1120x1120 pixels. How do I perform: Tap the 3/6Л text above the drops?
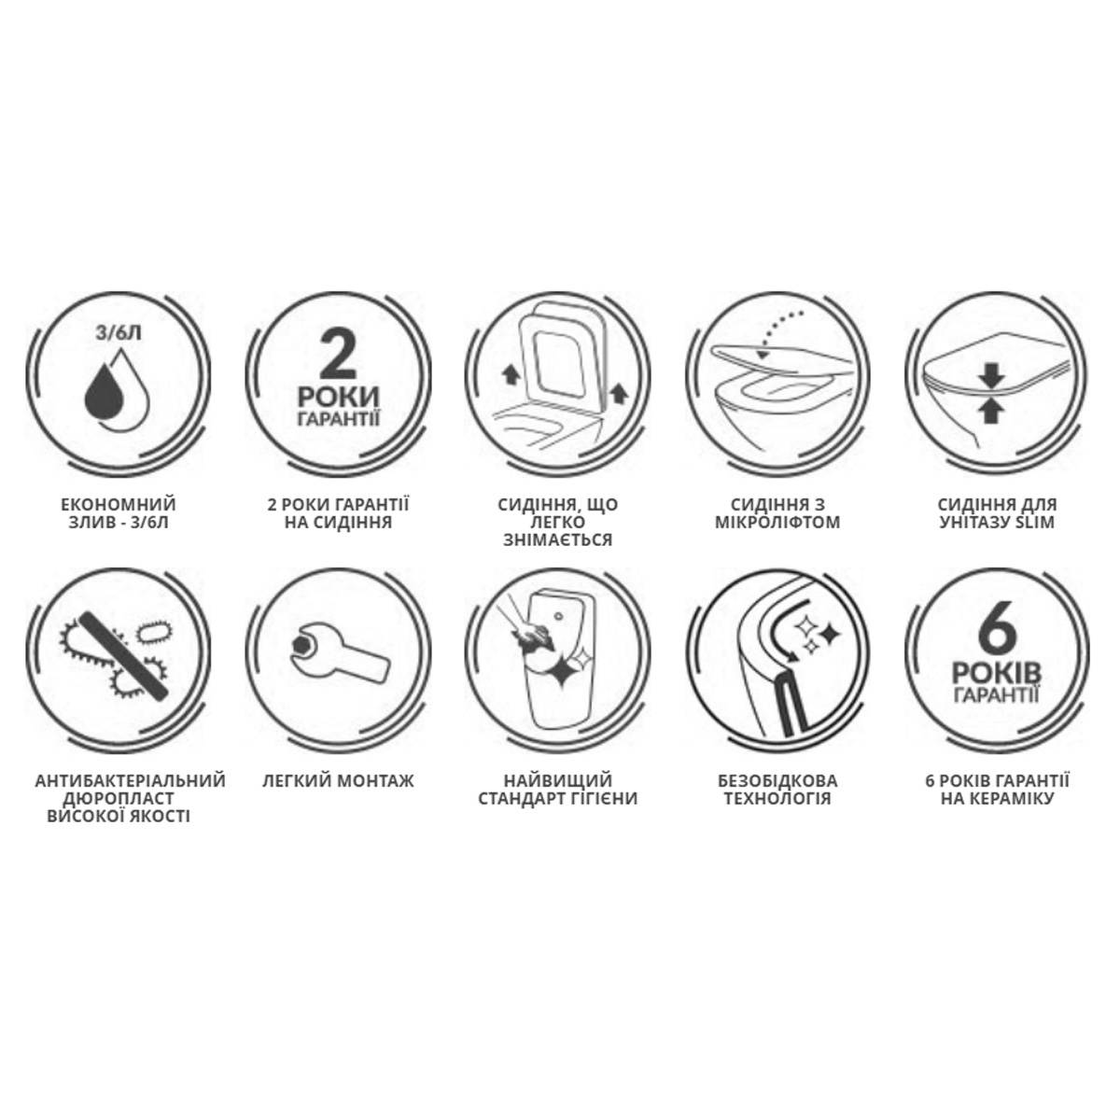(x=118, y=334)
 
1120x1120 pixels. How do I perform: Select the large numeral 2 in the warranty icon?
(x=338, y=354)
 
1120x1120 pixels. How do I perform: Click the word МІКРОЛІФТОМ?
(x=777, y=522)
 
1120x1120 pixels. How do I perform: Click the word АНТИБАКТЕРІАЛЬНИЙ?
(x=130, y=780)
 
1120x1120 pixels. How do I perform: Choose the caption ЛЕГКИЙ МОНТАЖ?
(x=338, y=780)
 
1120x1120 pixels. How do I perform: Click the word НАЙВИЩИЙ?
(x=558, y=780)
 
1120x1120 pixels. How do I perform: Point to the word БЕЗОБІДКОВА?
(x=777, y=780)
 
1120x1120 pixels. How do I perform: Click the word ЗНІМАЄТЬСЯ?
(x=558, y=539)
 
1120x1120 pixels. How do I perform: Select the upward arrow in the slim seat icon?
(x=991, y=411)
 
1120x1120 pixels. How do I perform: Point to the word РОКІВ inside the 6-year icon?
(x=998, y=674)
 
